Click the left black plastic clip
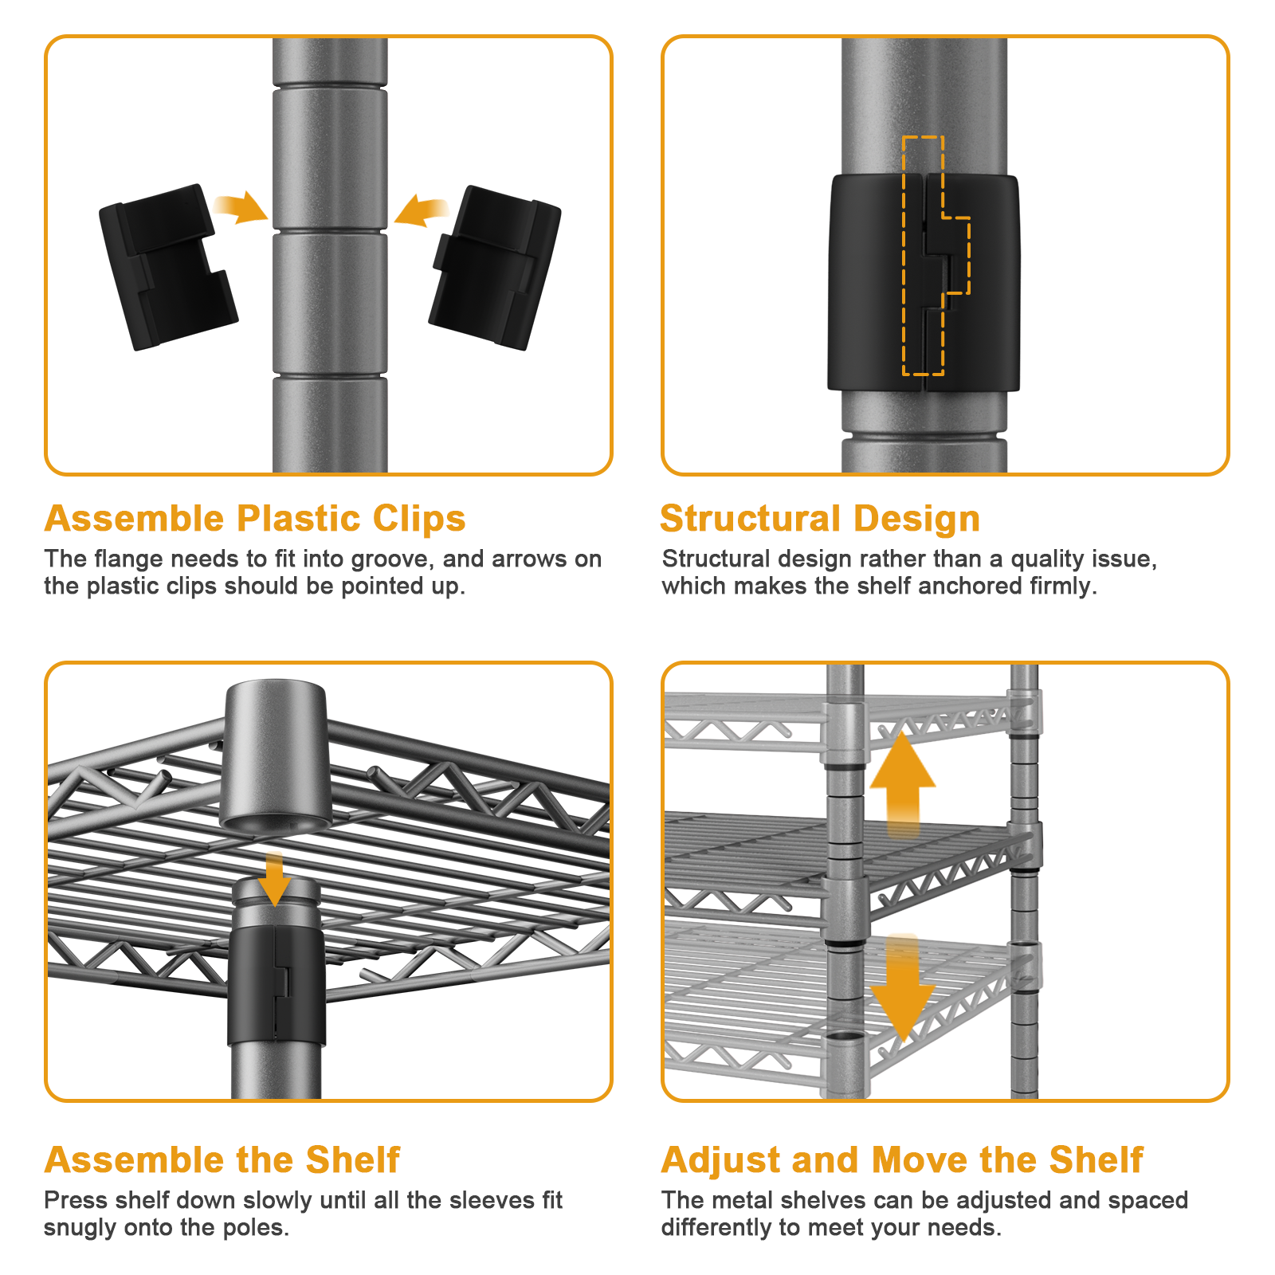(167, 267)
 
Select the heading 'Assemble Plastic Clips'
(255, 519)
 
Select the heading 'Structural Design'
(820, 519)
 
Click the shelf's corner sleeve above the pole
(276, 757)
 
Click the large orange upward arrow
(902, 783)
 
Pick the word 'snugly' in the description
(81, 1228)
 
